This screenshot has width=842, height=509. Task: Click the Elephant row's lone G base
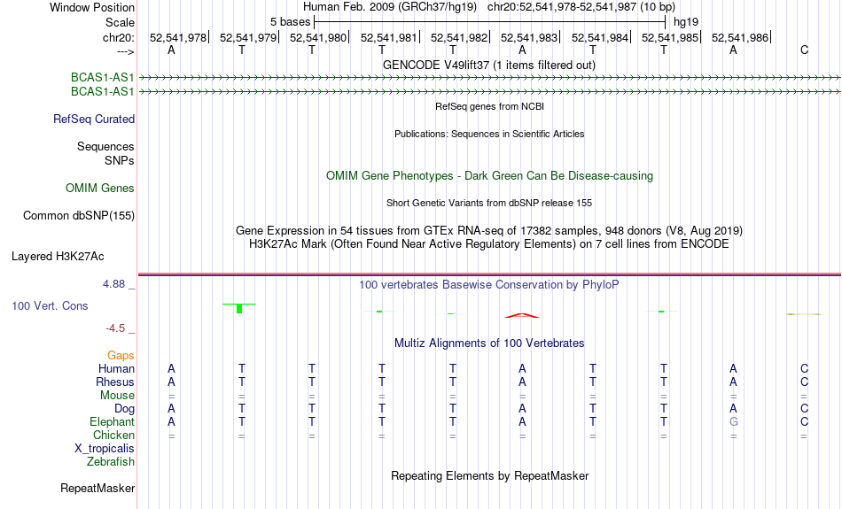(x=734, y=422)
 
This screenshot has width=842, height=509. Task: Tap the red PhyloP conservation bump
(x=522, y=315)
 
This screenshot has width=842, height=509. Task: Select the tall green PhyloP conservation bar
(x=239, y=308)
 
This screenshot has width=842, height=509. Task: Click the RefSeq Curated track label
(x=94, y=120)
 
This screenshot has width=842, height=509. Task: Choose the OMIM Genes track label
(x=100, y=189)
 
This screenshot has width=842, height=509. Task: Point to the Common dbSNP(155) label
(x=79, y=216)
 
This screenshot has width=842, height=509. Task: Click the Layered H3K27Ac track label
(x=58, y=257)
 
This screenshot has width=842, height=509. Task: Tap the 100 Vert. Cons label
(x=50, y=305)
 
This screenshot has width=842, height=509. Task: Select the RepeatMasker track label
(x=97, y=488)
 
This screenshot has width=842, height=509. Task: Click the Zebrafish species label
(x=111, y=462)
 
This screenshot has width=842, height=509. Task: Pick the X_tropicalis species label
(x=105, y=449)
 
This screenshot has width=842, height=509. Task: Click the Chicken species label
(x=113, y=435)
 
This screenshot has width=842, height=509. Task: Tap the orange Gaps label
(x=121, y=356)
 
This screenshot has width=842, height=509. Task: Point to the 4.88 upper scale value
(x=113, y=284)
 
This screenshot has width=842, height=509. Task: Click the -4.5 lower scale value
(x=115, y=328)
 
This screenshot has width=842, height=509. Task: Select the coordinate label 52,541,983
(x=529, y=37)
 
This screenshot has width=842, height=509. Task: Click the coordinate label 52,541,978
(x=178, y=37)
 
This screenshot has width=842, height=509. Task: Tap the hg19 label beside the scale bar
(x=686, y=22)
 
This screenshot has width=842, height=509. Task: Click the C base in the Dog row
(x=804, y=409)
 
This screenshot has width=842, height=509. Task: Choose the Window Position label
(x=92, y=7)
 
